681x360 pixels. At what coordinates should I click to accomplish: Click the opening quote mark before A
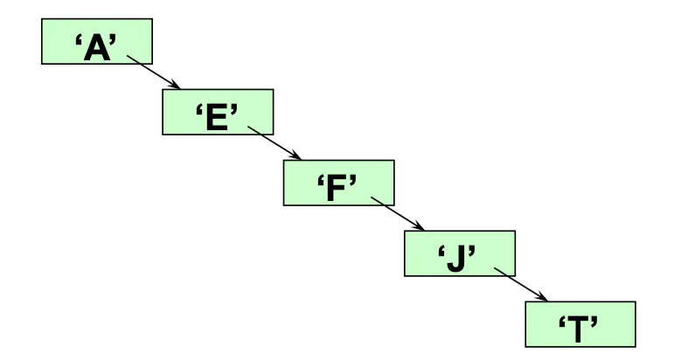coord(78,40)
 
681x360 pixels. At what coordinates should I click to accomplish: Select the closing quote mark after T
coord(596,322)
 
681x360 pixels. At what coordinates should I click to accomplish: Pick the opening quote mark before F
coord(321,181)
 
